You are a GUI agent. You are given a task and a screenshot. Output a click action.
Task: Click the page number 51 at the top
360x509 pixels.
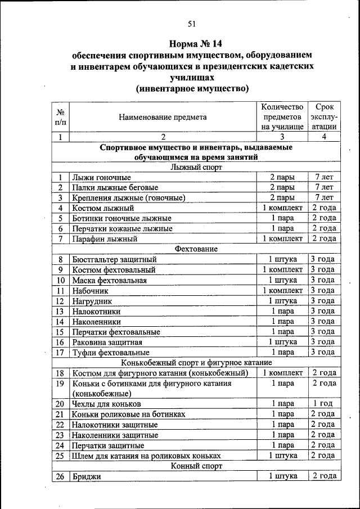tap(192, 24)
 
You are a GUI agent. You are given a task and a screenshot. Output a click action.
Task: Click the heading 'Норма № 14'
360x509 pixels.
tap(192, 43)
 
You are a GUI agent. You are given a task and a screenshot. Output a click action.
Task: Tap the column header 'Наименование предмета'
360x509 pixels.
tap(163, 117)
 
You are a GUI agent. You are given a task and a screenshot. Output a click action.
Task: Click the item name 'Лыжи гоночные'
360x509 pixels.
tap(102, 177)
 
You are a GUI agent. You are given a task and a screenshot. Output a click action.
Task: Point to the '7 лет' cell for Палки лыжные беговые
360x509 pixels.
tap(324, 187)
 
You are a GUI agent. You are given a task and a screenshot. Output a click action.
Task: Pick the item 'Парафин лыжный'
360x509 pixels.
tap(105, 239)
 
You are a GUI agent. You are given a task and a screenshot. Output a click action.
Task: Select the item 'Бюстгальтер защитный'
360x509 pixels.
tap(114, 259)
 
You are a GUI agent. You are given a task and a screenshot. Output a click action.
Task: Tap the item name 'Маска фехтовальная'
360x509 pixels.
tap(110, 280)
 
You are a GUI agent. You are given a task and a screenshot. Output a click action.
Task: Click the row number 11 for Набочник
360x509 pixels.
tap(60, 291)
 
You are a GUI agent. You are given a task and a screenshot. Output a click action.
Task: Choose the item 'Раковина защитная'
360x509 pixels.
tap(107, 342)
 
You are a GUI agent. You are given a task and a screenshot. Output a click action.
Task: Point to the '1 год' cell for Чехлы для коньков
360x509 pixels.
tap(324, 404)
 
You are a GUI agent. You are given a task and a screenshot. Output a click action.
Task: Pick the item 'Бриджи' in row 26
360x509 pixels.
tap(84, 476)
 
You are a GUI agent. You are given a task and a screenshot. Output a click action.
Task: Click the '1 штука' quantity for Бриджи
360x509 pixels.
tap(282, 476)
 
